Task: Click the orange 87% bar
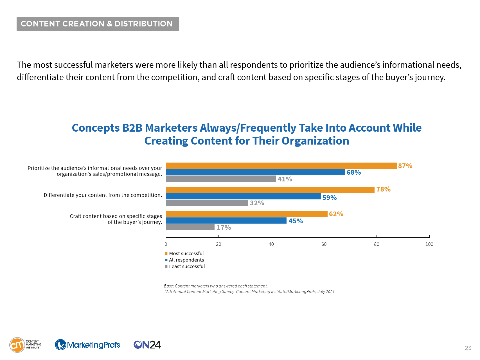click(x=281, y=166)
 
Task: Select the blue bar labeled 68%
click(x=256, y=172)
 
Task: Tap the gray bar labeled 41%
click(x=221, y=179)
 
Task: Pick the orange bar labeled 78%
click(x=270, y=190)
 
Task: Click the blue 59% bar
click(x=244, y=196)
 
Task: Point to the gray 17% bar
click(x=190, y=227)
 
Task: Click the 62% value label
click(x=336, y=214)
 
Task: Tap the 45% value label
click(x=296, y=221)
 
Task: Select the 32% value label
click(x=257, y=203)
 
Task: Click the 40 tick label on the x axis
click(x=271, y=244)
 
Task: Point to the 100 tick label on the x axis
click(x=429, y=244)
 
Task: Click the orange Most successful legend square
click(x=166, y=253)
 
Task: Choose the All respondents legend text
click(x=186, y=260)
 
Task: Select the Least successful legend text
click(x=187, y=266)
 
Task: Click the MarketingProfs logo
click(x=87, y=345)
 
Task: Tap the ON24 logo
click(x=147, y=345)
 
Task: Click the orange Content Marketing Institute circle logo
click(x=17, y=345)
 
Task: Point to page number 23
click(x=468, y=348)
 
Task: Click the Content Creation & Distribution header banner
click(x=98, y=24)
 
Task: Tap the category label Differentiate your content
click(x=103, y=195)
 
